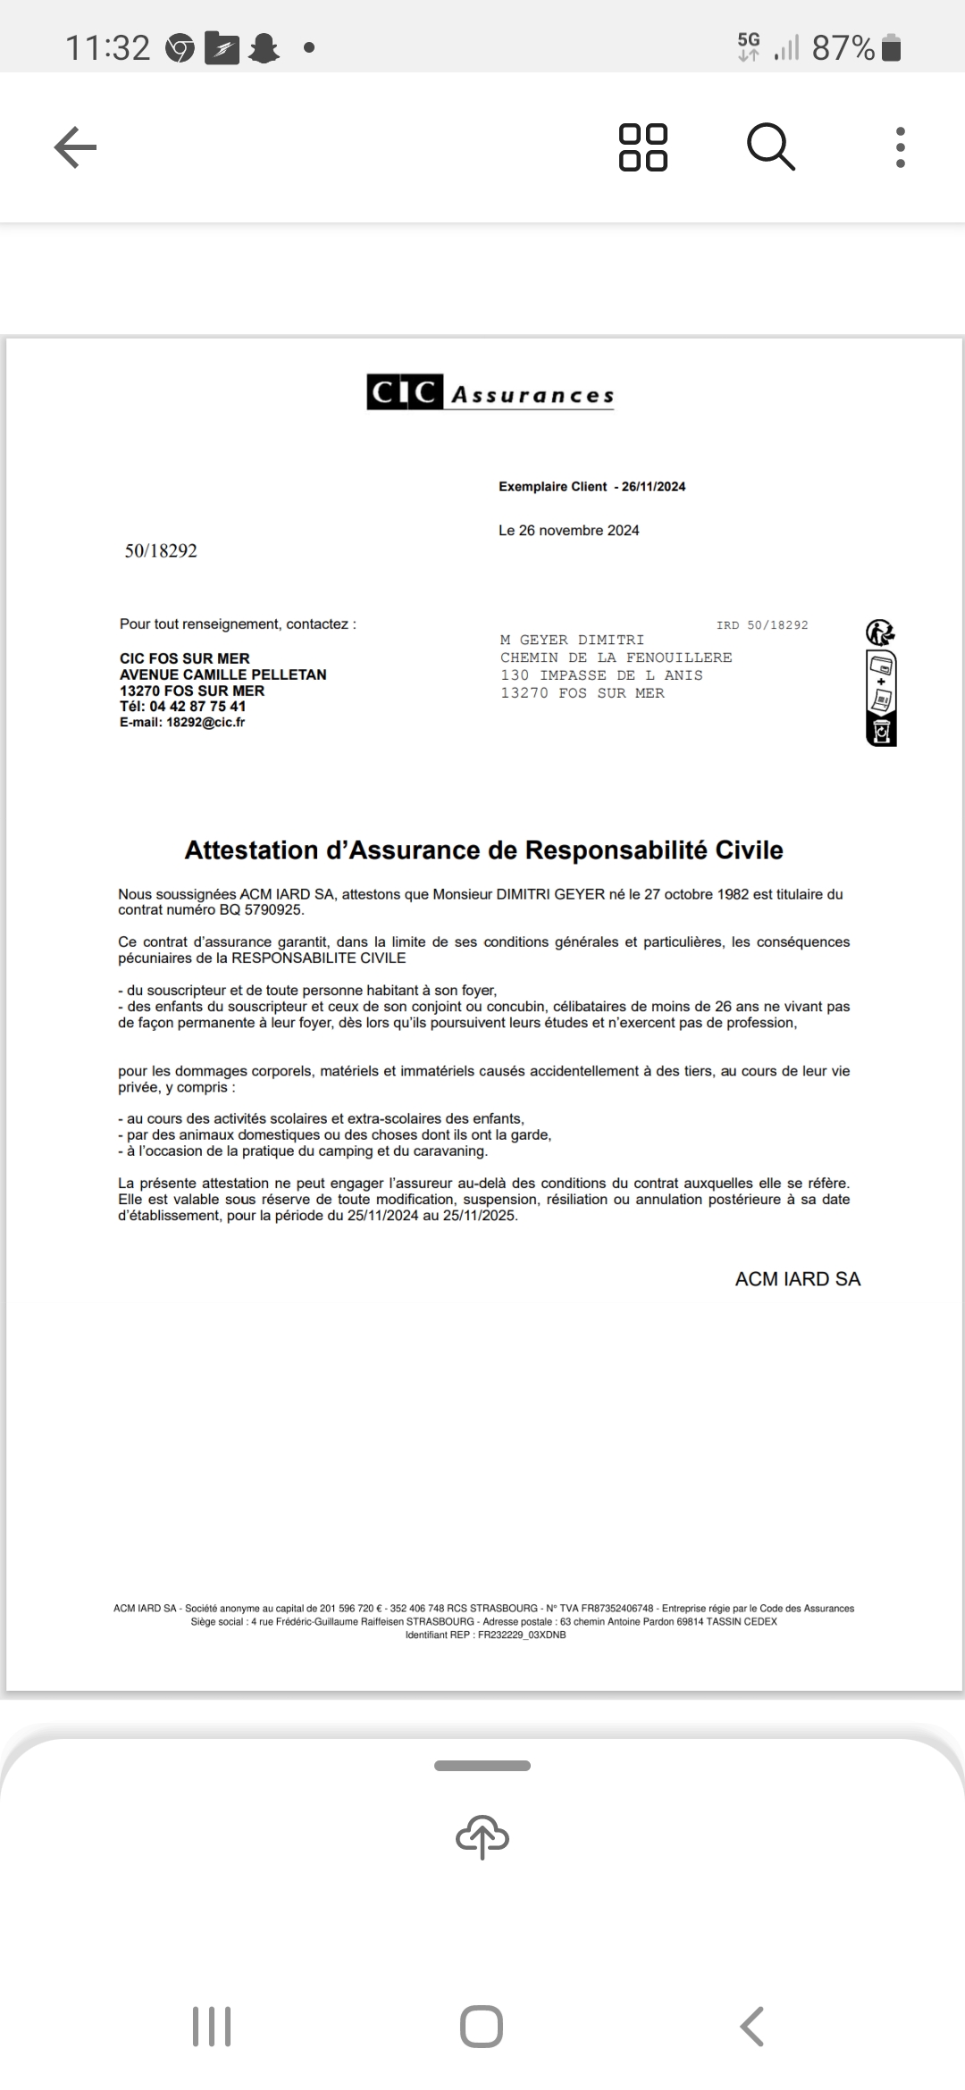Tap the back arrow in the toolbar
click(75, 147)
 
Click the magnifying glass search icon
click(770, 147)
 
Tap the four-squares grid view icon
click(643, 147)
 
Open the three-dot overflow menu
click(900, 147)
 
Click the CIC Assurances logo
click(491, 394)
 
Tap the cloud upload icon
click(482, 1836)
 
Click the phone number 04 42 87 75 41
click(197, 706)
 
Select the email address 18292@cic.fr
click(206, 723)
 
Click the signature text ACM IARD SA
click(797, 1279)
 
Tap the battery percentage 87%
click(843, 48)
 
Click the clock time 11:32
click(108, 48)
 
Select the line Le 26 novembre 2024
click(569, 531)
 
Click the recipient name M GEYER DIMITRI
click(573, 640)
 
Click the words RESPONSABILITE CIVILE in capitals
click(319, 958)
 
